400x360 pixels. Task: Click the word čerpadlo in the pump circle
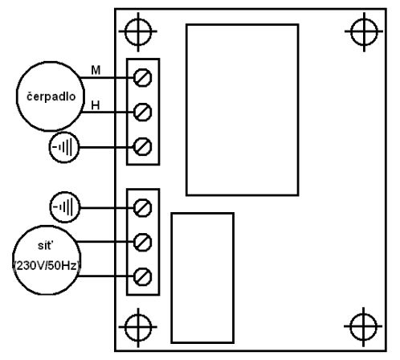point(51,96)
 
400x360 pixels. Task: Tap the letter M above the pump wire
point(96,70)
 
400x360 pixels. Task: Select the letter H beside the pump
point(96,105)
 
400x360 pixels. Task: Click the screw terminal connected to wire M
point(142,78)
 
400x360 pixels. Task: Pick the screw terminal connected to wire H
point(142,112)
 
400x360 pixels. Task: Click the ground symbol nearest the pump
point(64,147)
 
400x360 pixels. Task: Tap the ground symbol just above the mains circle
point(65,207)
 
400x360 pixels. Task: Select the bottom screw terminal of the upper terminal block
point(142,146)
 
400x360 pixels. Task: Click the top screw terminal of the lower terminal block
point(142,207)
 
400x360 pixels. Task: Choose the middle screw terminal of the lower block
point(142,242)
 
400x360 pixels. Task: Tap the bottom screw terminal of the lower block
point(142,276)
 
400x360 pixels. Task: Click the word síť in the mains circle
point(44,245)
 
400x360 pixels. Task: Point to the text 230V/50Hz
point(47,266)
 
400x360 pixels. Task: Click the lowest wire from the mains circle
point(105,276)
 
